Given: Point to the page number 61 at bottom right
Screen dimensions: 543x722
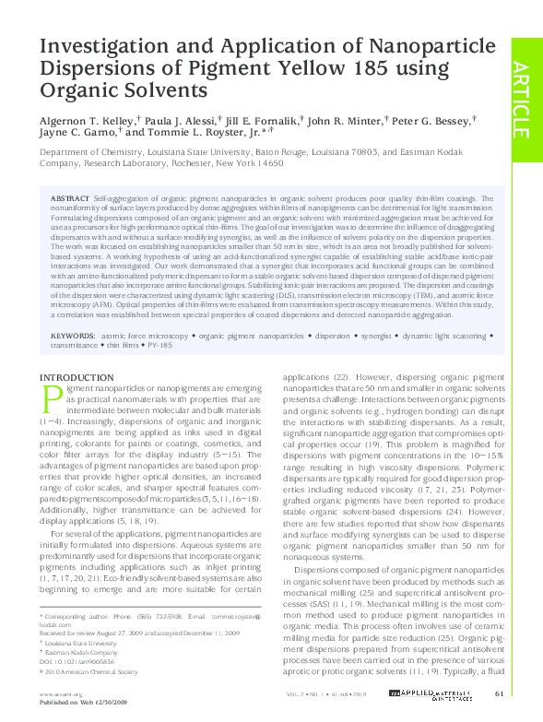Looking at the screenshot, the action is click(499, 692).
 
